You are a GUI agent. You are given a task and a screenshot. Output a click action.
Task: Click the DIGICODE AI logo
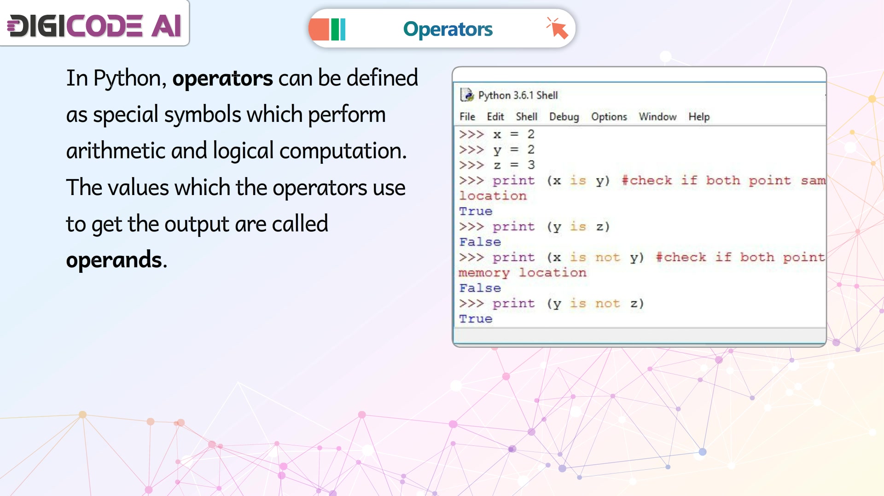click(x=94, y=25)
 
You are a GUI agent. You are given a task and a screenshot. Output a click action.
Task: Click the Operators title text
click(x=448, y=29)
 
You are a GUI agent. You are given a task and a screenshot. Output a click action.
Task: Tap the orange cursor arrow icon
click(x=557, y=28)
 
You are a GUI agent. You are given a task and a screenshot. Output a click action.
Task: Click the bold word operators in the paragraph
click(x=222, y=78)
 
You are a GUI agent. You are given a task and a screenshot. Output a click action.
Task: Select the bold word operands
click(x=114, y=260)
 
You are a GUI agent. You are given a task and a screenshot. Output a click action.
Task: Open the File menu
click(x=467, y=117)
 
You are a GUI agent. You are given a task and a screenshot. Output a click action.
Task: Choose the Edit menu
click(x=495, y=117)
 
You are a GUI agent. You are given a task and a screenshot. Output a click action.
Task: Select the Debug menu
click(x=564, y=117)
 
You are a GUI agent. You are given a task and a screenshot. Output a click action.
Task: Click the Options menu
click(x=609, y=117)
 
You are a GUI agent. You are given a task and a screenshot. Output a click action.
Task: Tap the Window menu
click(x=657, y=117)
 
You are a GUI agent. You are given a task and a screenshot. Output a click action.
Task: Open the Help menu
click(x=699, y=117)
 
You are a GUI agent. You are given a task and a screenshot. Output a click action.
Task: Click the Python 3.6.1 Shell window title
click(x=518, y=95)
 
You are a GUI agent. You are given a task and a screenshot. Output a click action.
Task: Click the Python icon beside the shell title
click(x=467, y=95)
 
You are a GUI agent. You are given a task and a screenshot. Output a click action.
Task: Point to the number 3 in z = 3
click(x=531, y=165)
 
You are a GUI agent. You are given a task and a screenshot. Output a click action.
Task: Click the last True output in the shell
click(x=476, y=318)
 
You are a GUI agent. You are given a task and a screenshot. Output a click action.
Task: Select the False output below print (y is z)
click(x=480, y=242)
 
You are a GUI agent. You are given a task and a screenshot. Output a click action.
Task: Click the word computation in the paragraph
click(x=343, y=151)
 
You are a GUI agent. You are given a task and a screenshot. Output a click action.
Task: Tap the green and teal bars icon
click(x=338, y=29)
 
